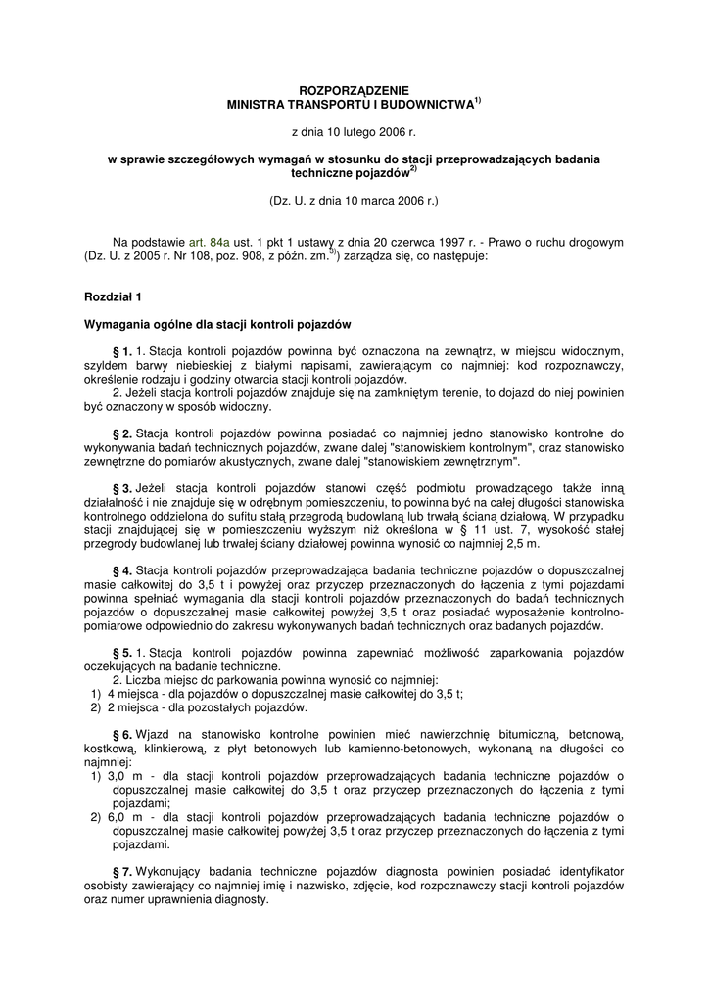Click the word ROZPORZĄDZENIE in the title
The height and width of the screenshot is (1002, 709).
354,90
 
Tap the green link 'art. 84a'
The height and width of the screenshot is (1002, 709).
210,242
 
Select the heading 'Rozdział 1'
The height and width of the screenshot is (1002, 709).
113,296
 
